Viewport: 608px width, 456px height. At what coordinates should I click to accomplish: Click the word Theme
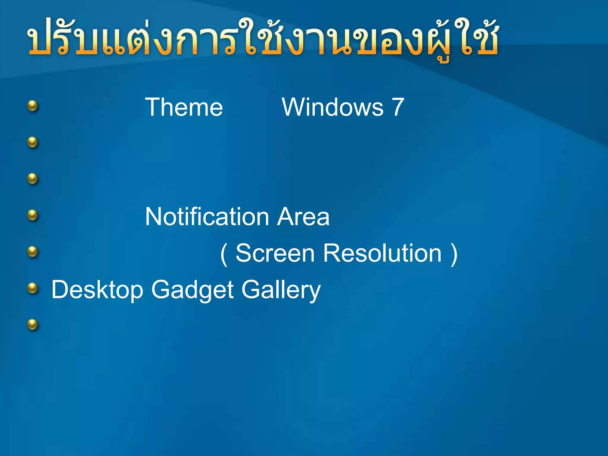click(184, 107)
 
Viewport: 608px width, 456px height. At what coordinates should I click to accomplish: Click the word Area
click(303, 217)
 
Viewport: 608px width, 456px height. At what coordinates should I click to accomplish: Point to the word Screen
click(275, 253)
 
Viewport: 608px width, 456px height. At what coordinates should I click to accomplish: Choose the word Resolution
click(382, 253)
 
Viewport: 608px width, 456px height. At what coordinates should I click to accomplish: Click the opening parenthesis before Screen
click(224, 254)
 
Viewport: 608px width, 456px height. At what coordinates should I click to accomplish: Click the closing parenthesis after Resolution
click(454, 254)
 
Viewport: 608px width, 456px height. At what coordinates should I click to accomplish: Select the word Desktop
click(97, 290)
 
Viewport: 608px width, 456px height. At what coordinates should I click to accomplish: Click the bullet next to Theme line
click(33, 106)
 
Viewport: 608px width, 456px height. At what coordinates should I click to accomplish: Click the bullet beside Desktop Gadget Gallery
click(33, 288)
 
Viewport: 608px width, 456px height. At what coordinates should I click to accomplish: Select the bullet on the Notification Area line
click(33, 215)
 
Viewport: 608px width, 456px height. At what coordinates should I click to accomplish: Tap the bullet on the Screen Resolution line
click(33, 252)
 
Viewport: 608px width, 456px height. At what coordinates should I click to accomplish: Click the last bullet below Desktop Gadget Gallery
click(33, 324)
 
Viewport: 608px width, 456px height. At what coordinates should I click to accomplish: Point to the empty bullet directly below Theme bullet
click(33, 142)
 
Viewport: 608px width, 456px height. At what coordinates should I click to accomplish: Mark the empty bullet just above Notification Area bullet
click(33, 179)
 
